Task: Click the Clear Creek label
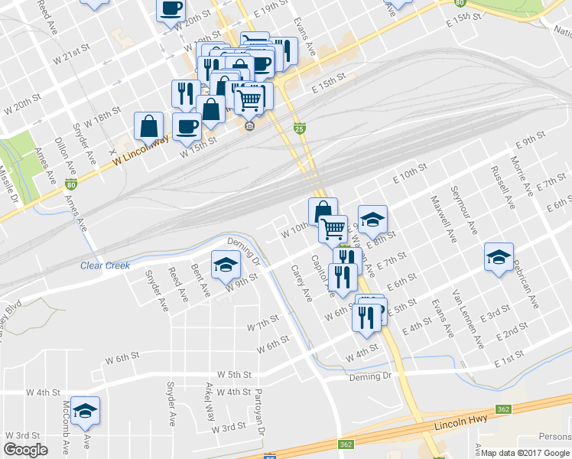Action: pyautogui.click(x=106, y=266)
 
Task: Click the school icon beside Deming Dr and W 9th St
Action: pyautogui.click(x=226, y=264)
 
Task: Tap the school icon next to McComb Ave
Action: pyautogui.click(x=86, y=412)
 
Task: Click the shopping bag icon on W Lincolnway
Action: pyautogui.click(x=149, y=126)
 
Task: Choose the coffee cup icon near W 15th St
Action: pyautogui.click(x=187, y=127)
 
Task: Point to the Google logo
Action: pyautogui.click(x=25, y=450)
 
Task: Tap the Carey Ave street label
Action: pyautogui.click(x=301, y=283)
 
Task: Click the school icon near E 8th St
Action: pyautogui.click(x=372, y=220)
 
